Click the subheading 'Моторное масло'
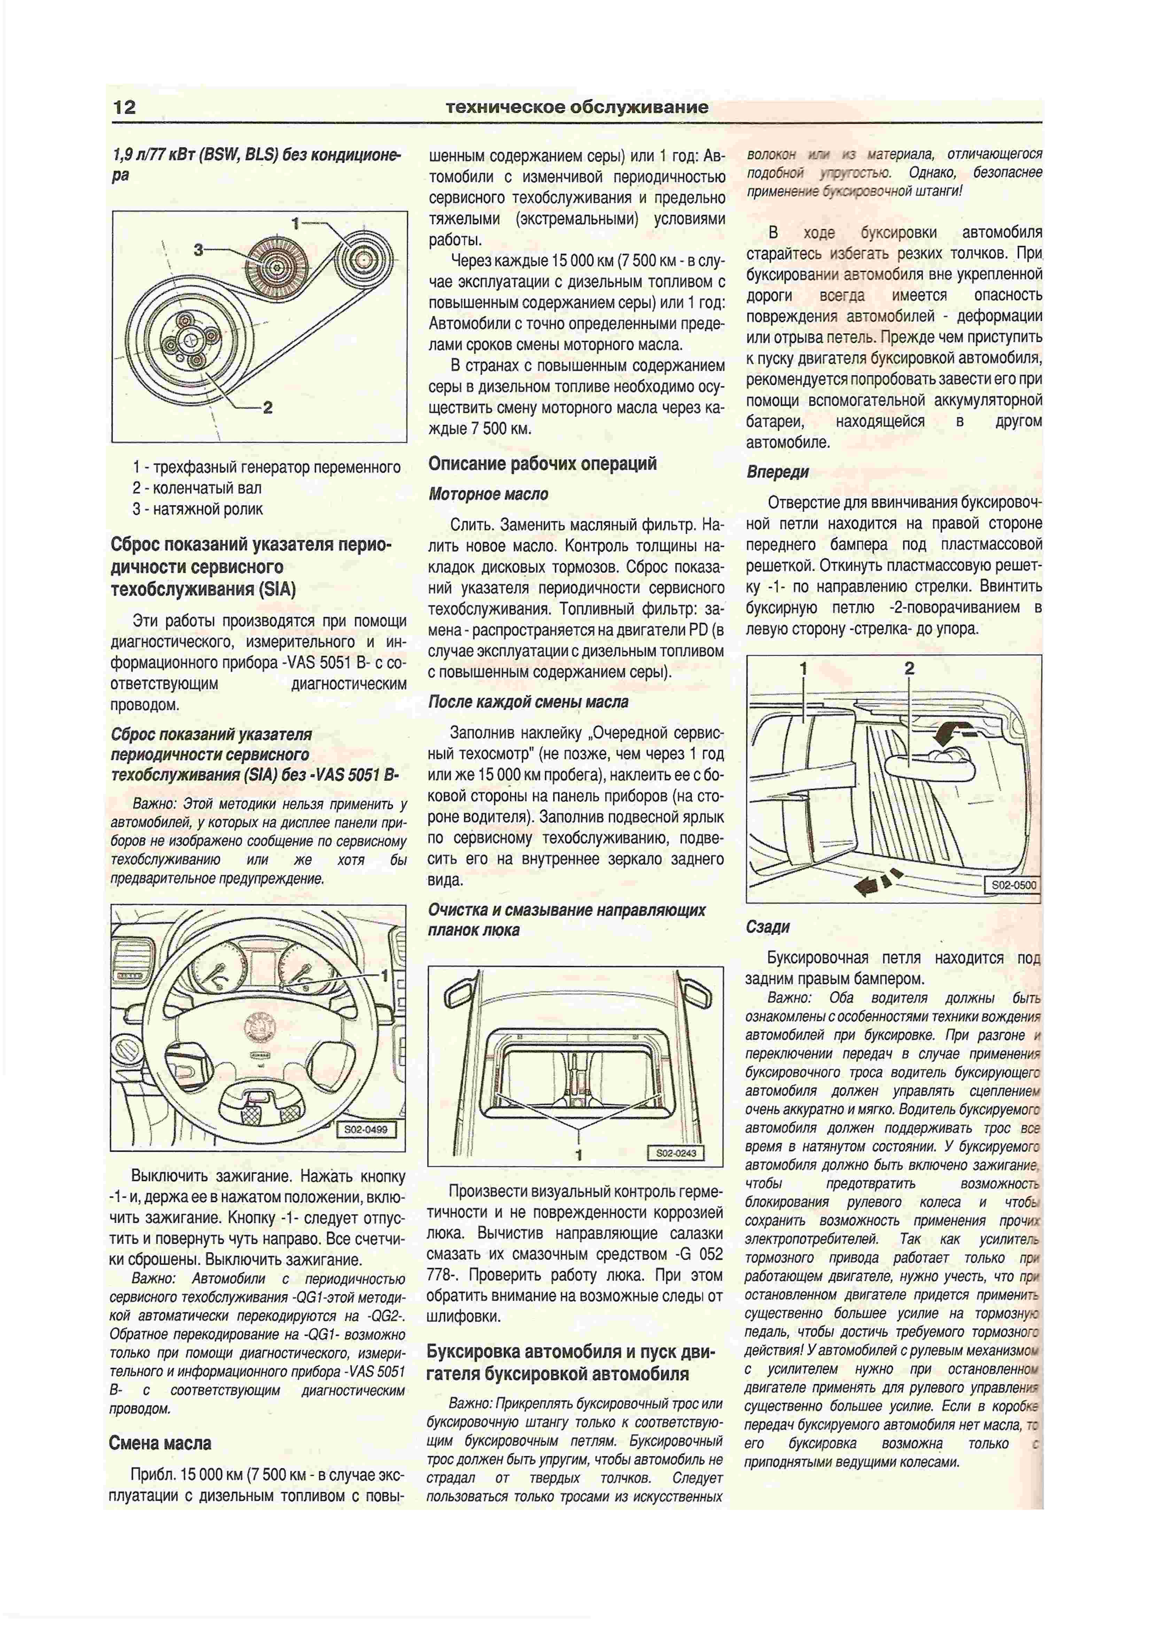488,494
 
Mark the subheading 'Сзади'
768,927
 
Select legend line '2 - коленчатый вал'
196,488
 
